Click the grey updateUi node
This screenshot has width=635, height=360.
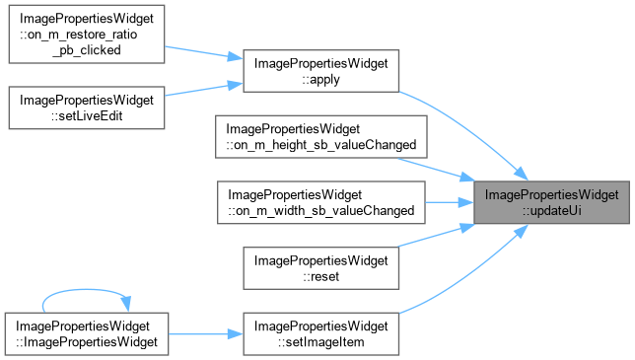coord(551,202)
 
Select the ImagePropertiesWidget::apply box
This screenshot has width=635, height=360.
coord(321,71)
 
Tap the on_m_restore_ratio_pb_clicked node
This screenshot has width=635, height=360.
coord(87,34)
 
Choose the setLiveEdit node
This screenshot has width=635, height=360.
coord(87,108)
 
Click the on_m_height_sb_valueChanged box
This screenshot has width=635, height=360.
coord(321,137)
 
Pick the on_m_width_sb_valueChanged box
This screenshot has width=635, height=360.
coord(321,202)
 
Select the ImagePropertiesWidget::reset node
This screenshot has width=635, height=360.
coord(321,268)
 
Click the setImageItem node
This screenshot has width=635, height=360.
coord(321,334)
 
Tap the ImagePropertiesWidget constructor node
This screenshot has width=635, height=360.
coord(87,334)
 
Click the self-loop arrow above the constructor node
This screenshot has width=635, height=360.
coord(85,290)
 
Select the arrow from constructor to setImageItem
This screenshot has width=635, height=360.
coord(206,334)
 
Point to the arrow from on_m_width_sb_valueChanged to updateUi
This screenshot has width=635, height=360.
coord(450,202)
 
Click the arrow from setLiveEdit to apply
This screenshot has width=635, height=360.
coord(204,90)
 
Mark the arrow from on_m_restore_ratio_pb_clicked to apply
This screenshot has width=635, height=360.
coord(204,52)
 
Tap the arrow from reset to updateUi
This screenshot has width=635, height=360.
coord(437,236)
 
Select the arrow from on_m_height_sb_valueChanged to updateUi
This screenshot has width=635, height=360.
coord(437,169)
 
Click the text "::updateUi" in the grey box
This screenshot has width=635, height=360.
coord(551,210)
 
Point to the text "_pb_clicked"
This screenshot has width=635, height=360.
coord(87,50)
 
